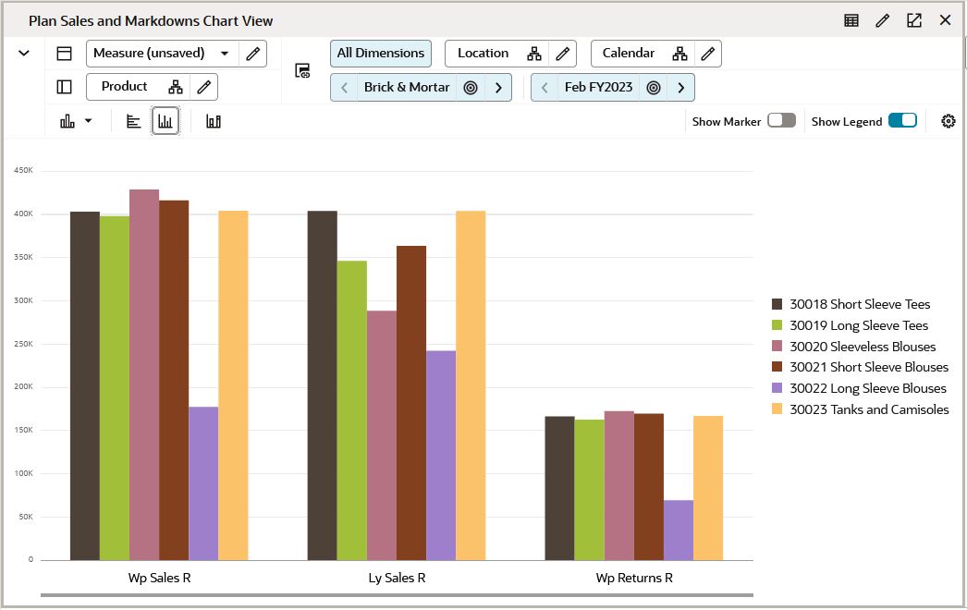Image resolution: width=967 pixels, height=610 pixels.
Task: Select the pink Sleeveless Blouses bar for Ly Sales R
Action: tap(382, 434)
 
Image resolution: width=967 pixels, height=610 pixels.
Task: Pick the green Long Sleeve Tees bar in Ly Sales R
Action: tap(352, 410)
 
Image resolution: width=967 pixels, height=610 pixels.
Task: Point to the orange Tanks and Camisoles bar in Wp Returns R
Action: tap(708, 488)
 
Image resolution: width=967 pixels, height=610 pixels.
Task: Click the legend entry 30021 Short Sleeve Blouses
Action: tap(860, 367)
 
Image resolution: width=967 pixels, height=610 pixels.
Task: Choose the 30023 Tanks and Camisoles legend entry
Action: tap(860, 409)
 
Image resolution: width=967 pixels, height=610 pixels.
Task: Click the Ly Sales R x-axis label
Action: tap(397, 579)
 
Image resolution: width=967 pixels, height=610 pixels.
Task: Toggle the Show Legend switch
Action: tap(902, 120)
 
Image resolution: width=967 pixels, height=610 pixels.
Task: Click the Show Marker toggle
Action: tap(781, 120)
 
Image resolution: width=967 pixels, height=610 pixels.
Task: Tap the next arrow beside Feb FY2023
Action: tap(681, 88)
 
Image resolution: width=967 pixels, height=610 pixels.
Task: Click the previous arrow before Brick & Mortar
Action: tap(344, 88)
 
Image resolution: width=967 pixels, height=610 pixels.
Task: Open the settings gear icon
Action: tap(948, 121)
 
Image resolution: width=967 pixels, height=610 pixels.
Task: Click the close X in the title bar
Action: tap(945, 20)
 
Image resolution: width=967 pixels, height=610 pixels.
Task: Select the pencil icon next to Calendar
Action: tap(708, 54)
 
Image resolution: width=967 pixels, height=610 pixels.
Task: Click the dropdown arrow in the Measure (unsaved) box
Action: tap(225, 54)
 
